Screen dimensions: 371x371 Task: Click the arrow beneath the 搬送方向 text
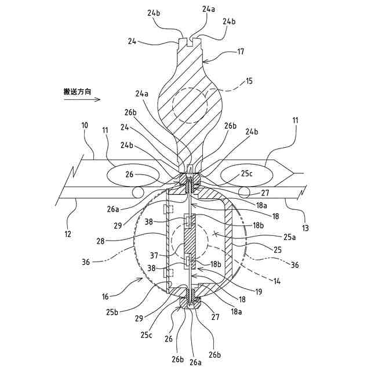pos(82,100)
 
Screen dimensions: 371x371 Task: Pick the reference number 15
pos(249,81)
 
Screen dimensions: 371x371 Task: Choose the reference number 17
pos(240,52)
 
